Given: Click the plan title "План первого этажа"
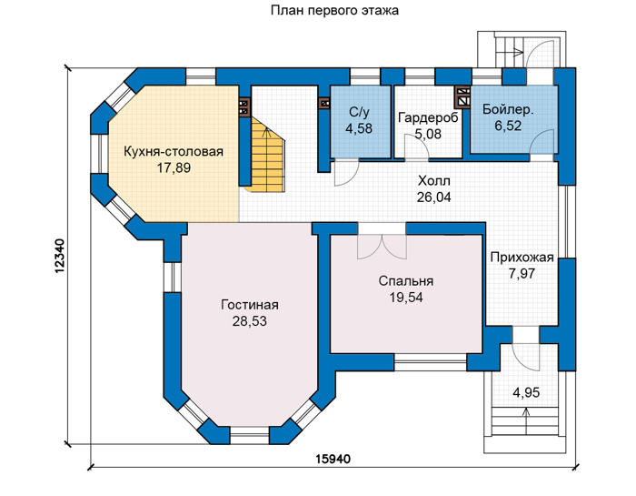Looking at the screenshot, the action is click(x=334, y=11).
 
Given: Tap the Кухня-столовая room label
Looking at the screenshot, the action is click(x=174, y=151).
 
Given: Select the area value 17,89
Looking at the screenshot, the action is click(x=174, y=167).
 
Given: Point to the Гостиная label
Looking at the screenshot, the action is click(x=250, y=305).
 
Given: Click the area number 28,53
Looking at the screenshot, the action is click(x=250, y=321).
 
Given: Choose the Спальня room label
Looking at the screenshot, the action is click(x=406, y=281).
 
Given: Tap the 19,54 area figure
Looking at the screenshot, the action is click(x=406, y=298).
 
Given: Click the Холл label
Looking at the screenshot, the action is click(x=433, y=181).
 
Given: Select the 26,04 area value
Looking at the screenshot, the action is click(x=433, y=197).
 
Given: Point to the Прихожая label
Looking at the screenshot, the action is click(x=522, y=258).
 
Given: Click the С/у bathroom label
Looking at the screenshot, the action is click(x=359, y=113).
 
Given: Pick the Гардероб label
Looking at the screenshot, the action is click(x=428, y=117).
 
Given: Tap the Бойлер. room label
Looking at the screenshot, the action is click(x=508, y=109).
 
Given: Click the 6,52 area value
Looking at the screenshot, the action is click(x=508, y=126).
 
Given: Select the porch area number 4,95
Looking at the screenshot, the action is click(x=526, y=393).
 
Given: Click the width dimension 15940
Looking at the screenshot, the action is click(x=333, y=459).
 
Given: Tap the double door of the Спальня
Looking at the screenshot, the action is click(x=382, y=247).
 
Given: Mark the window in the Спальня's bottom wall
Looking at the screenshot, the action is click(x=431, y=362).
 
